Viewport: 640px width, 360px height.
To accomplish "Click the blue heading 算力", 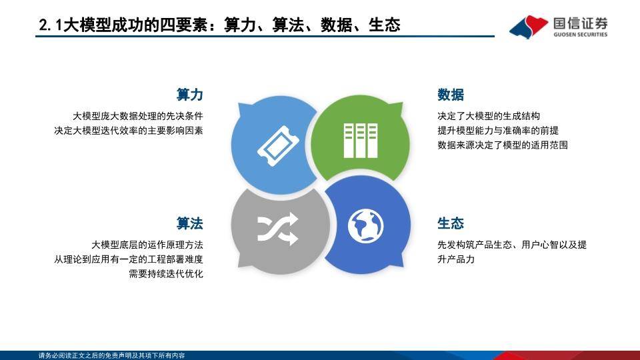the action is pyautogui.click(x=189, y=95).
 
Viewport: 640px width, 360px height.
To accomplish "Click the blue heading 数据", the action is pyautogui.click(x=451, y=95).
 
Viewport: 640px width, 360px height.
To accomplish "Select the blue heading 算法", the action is pyautogui.click(x=189, y=223).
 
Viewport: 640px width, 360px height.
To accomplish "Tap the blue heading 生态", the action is pyautogui.click(x=451, y=223).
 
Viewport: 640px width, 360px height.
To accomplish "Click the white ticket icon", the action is pyautogui.click(x=278, y=146).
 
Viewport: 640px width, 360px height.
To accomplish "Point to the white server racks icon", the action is pyautogui.click(x=361, y=141).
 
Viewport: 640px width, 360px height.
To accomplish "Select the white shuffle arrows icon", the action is pyautogui.click(x=277, y=229).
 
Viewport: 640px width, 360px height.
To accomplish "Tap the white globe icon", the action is pyautogui.click(x=365, y=226).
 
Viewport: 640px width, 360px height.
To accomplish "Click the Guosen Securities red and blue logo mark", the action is pyautogui.click(x=529, y=27).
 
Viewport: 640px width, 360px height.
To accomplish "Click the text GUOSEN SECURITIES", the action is pyautogui.click(x=581, y=35).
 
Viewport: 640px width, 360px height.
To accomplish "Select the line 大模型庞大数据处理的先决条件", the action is pyautogui.click(x=138, y=116).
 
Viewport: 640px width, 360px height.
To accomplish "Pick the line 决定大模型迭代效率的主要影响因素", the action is pyautogui.click(x=129, y=131).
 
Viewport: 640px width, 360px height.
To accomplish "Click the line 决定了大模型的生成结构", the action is pyautogui.click(x=489, y=116).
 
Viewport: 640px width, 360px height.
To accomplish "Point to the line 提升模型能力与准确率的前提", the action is pyautogui.click(x=498, y=131).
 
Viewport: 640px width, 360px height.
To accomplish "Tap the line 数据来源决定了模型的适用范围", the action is pyautogui.click(x=503, y=145).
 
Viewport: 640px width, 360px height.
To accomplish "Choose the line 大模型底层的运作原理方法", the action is pyautogui.click(x=147, y=245).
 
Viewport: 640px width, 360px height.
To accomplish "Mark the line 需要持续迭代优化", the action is pyautogui.click(x=166, y=273).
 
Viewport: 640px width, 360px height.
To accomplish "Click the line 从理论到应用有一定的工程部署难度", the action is pyautogui.click(x=129, y=259).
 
